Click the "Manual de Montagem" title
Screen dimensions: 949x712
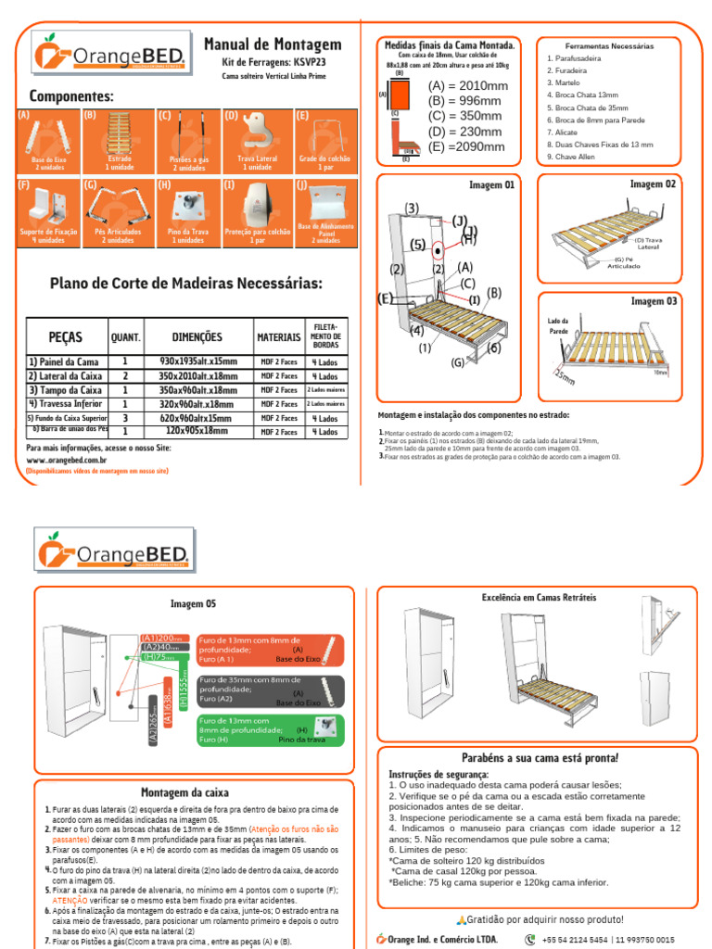(272, 44)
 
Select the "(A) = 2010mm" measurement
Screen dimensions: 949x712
(467, 86)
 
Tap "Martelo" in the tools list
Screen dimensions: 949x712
(563, 82)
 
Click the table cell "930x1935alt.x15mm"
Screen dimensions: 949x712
(197, 361)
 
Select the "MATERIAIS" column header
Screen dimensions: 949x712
(279, 337)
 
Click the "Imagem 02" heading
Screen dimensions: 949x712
(653, 184)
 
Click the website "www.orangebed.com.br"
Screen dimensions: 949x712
(66, 460)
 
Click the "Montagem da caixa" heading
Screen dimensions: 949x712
(184, 792)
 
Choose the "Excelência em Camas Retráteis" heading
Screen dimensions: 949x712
(540, 598)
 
